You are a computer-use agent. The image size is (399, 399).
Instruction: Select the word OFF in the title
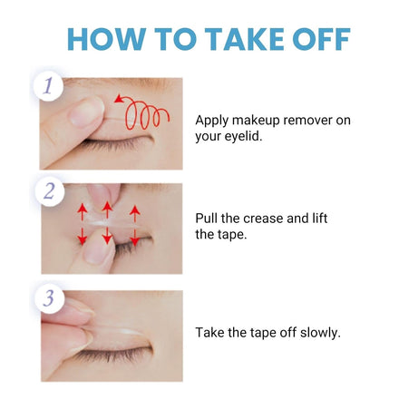(322, 39)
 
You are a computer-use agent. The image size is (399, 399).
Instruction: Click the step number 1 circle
(48, 86)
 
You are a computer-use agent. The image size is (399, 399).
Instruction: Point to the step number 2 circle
(49, 191)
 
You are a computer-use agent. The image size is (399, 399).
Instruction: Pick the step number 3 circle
(49, 298)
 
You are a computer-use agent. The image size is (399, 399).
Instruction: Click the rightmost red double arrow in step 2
(135, 225)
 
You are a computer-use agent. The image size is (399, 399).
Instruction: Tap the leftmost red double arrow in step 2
(82, 224)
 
